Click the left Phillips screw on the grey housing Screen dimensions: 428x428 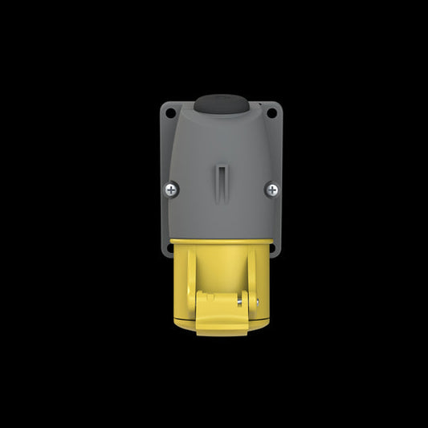point(172,190)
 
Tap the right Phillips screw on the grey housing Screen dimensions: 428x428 point(272,190)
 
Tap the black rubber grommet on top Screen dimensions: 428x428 point(222,104)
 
